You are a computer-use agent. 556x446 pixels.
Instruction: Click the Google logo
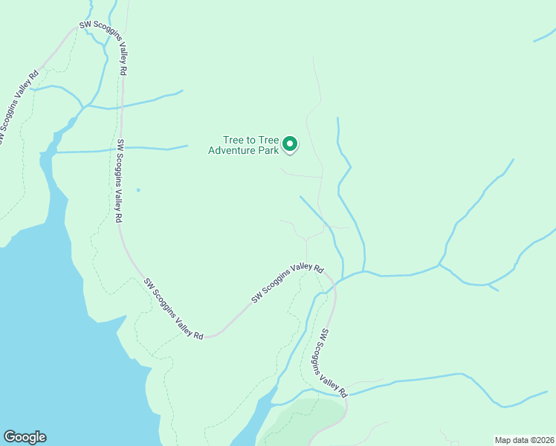tap(25, 437)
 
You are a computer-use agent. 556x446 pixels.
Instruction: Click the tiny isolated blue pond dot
tap(138, 190)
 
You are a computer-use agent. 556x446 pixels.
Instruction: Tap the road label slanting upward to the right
tap(288, 283)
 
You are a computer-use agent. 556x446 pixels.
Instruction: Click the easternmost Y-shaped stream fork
tap(440, 264)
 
